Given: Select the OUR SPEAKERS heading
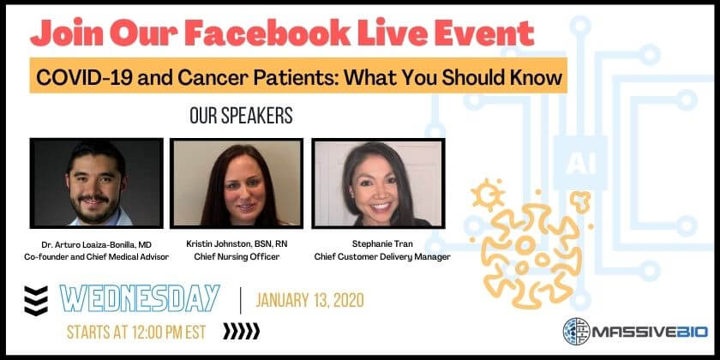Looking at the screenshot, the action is (241, 116).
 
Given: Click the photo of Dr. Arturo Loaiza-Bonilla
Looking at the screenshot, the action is (96, 183).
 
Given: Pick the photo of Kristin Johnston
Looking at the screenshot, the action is (237, 183).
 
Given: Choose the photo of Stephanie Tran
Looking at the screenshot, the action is (378, 183).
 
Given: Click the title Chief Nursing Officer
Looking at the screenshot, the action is (237, 256).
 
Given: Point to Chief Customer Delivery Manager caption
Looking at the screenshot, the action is (382, 257).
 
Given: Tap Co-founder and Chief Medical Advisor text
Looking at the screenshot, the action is (96, 257).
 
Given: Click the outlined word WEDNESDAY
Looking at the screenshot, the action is (140, 298).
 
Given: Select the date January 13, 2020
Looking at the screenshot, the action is (310, 300).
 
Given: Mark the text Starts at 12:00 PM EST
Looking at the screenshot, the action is (136, 332).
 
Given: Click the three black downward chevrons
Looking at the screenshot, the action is (36, 301).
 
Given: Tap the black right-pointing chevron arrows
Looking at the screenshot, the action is (242, 331).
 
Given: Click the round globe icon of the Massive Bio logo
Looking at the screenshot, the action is (576, 332).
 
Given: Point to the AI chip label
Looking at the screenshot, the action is (580, 163).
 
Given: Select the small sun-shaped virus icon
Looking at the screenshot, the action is (488, 195).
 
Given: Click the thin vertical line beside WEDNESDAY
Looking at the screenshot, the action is (241, 300).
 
